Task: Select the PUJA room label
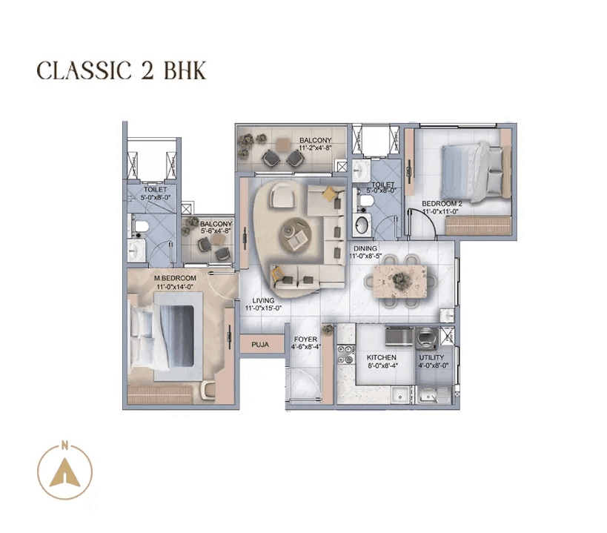259,345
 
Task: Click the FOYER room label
305,340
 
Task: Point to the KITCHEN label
381,357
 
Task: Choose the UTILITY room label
431,357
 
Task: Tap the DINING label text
365,248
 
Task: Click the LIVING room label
263,300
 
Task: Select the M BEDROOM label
175,278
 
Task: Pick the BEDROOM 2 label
442,203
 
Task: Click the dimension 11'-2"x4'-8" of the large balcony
314,149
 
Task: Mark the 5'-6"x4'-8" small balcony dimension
216,231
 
